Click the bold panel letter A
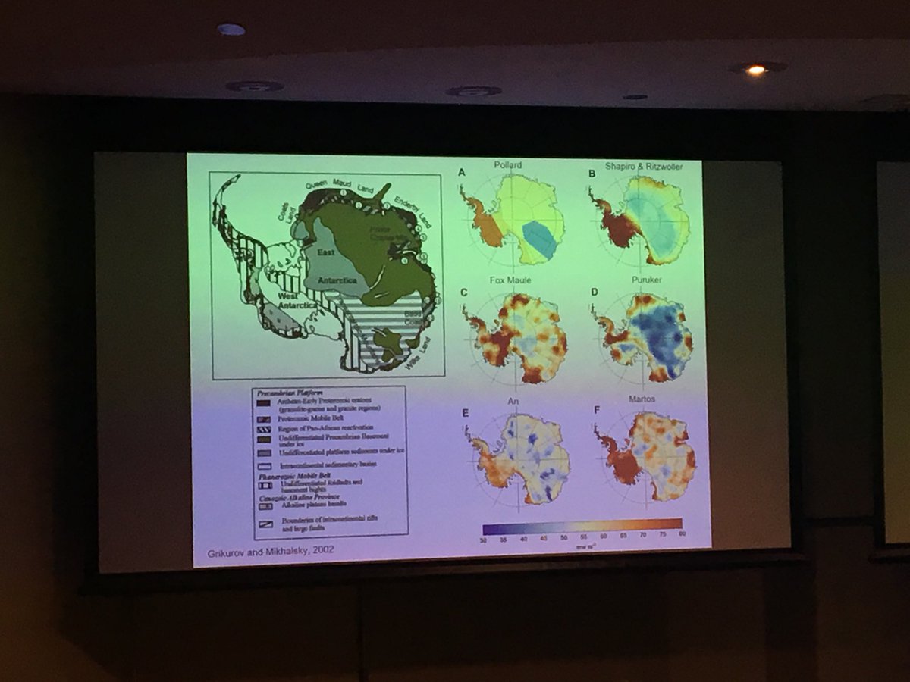point(460,175)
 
